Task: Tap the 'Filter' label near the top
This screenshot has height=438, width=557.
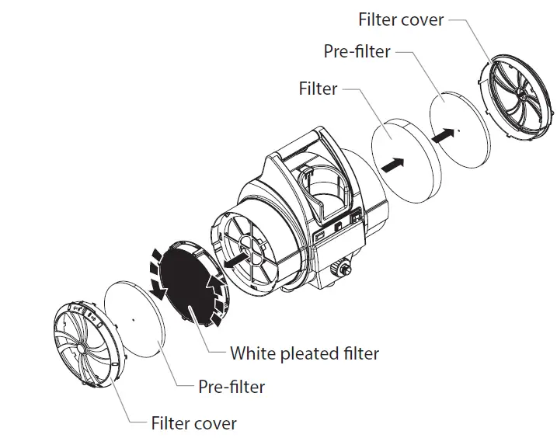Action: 318,89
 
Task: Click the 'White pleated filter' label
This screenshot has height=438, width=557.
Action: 305,353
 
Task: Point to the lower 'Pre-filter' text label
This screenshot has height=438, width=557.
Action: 232,387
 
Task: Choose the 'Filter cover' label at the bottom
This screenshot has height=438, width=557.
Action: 194,423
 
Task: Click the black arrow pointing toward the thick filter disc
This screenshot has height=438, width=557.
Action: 393,165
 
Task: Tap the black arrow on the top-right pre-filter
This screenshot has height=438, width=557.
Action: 441,134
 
